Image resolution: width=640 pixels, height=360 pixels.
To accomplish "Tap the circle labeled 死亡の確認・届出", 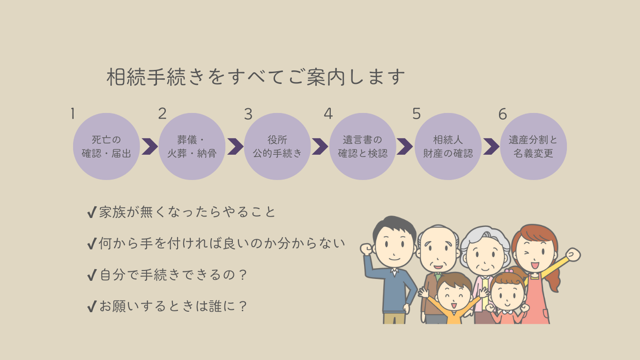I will pos(106,146).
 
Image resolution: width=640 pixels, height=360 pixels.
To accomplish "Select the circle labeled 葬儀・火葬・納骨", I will pos(192,146).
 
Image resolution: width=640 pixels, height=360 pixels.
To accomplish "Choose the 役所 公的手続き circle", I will pos(277,146).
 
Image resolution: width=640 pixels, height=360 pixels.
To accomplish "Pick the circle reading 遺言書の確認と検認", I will pos(363,146).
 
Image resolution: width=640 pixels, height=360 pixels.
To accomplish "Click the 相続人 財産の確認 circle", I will pos(448,146).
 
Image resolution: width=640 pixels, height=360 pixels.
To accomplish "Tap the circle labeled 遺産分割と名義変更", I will pos(533,146).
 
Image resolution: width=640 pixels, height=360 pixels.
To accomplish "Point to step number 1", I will pos(73,114).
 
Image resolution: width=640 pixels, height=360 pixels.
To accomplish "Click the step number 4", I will pos(328,114).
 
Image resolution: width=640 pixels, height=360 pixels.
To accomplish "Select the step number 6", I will pos(503,114).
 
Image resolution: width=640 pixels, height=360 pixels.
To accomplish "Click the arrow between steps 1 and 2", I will pos(149,146).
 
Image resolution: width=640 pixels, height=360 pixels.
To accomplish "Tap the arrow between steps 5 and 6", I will pos(491,146).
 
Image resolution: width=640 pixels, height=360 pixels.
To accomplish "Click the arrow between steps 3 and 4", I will pos(320,146).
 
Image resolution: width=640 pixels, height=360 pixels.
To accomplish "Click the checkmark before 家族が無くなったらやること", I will pos(92,213).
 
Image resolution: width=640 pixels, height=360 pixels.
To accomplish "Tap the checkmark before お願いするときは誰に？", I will pos(92,307).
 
